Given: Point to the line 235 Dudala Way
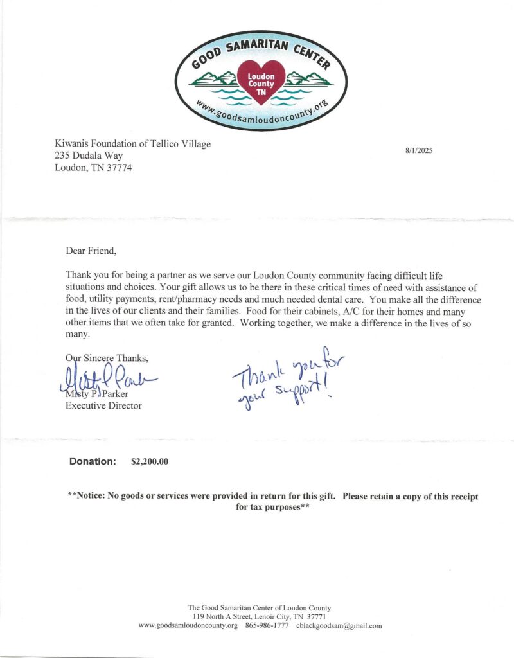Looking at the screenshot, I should tap(88, 156).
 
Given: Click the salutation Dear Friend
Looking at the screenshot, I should tap(92, 249).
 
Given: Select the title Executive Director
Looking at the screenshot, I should tap(103, 406).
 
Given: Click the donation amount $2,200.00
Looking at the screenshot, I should tap(150, 461).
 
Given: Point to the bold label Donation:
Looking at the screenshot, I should tap(93, 461).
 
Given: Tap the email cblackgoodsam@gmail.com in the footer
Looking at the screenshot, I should tap(340, 625).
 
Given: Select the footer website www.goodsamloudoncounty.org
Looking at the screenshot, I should tap(188, 625).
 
